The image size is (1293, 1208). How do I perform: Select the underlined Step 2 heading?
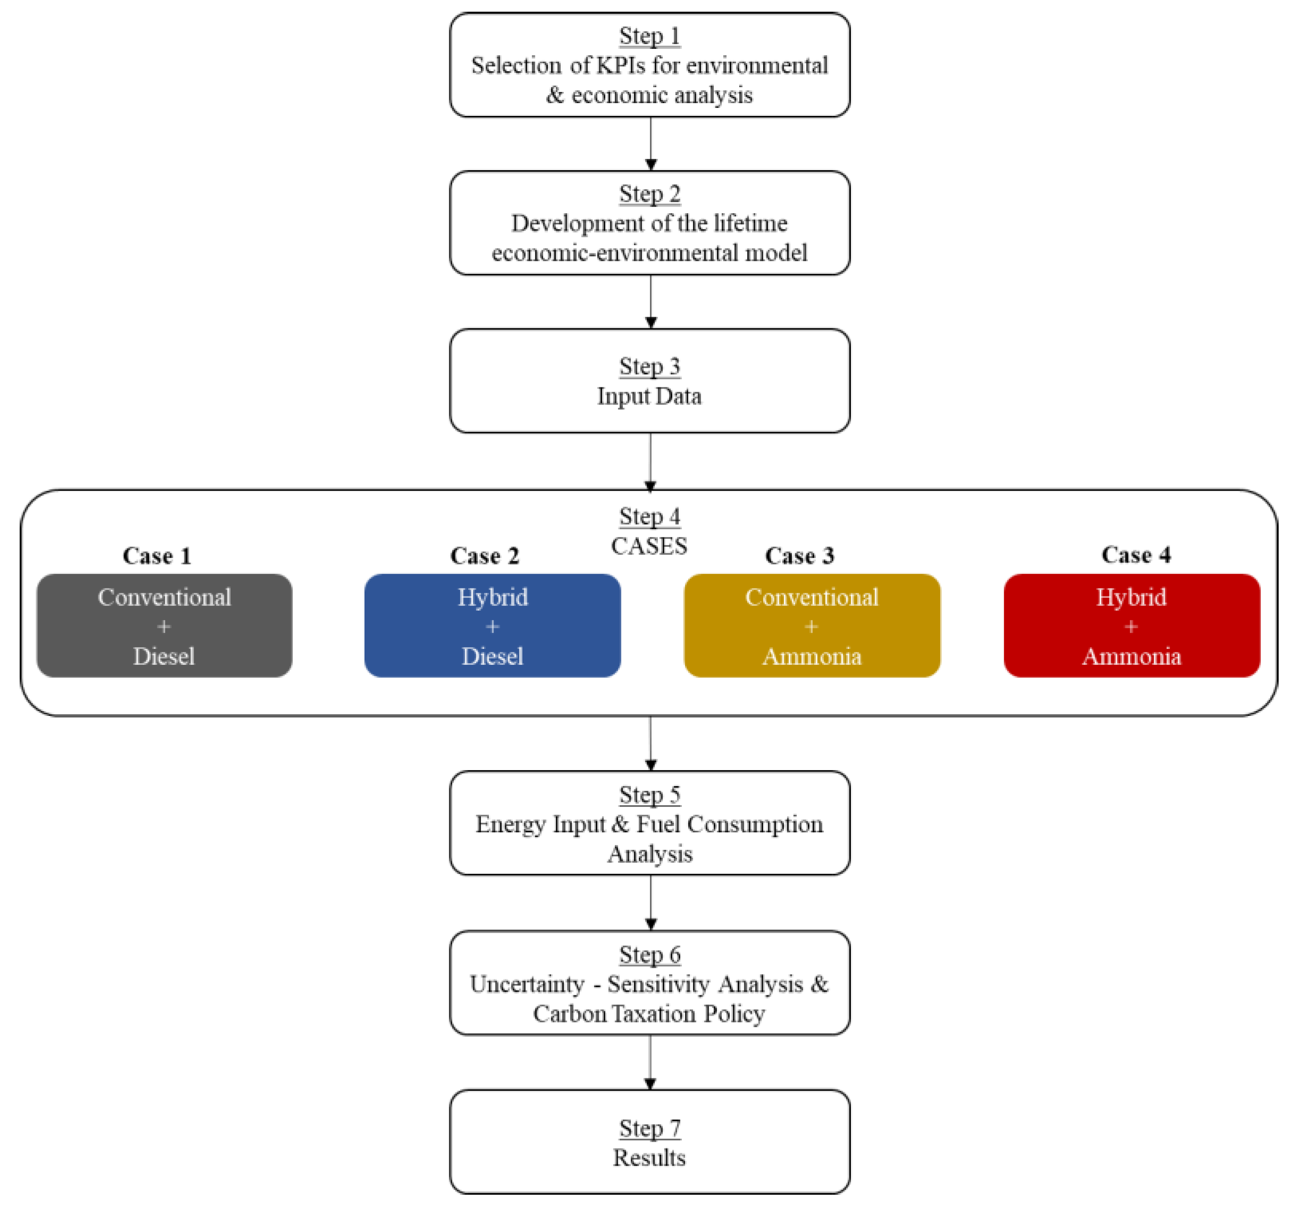(x=649, y=194)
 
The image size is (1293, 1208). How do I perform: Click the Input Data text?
(x=649, y=396)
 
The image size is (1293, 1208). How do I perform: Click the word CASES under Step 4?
(x=648, y=546)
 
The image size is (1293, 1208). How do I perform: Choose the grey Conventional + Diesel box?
(x=164, y=626)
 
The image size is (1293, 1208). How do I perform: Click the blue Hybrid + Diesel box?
(x=492, y=626)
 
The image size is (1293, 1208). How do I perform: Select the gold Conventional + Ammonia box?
(x=812, y=626)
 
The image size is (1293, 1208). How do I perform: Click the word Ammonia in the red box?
(x=1131, y=656)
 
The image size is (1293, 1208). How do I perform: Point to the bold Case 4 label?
(x=1136, y=555)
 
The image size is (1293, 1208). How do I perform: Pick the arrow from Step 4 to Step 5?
(x=650, y=744)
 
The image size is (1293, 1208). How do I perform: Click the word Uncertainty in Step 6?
(x=527, y=984)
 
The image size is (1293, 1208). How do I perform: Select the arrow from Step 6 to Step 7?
(x=650, y=1063)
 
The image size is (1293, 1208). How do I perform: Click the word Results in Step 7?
(x=649, y=1158)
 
